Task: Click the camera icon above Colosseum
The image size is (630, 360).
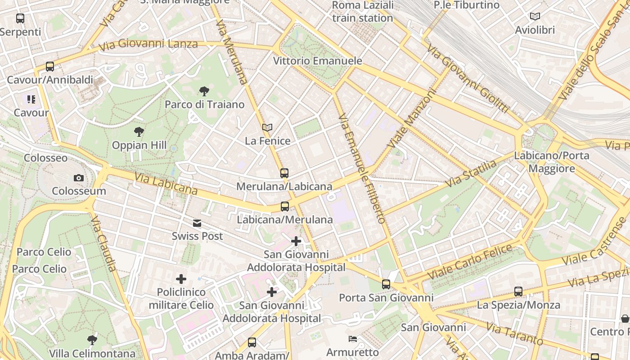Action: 79,178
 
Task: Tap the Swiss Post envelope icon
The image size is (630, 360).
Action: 197,223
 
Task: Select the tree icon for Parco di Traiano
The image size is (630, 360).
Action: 204,91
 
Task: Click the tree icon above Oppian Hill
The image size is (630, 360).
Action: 139,132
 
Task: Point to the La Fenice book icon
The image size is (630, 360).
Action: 267,128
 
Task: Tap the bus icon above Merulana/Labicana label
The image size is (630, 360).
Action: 284,173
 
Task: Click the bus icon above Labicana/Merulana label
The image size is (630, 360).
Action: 284,207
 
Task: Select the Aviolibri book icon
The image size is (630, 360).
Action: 535,17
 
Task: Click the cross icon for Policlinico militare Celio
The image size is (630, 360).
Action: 181,279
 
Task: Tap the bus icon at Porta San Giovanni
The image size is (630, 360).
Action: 386,284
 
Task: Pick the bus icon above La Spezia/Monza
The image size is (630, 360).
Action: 518,292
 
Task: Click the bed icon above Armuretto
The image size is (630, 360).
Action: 353,338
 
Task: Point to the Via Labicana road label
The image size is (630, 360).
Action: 166,184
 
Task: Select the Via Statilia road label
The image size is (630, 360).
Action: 471,173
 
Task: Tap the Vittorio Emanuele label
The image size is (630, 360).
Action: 317,61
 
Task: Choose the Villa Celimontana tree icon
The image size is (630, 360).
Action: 92,340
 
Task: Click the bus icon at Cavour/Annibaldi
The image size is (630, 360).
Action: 50,67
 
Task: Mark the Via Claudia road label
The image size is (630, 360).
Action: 103,243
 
